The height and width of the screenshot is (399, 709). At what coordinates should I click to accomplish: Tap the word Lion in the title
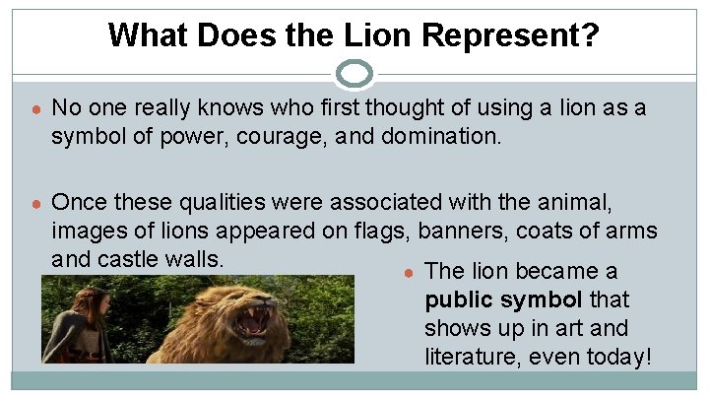[x=380, y=35]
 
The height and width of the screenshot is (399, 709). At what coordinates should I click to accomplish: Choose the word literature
[x=468, y=357]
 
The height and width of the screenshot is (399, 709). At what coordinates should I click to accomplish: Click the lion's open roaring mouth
[x=252, y=324]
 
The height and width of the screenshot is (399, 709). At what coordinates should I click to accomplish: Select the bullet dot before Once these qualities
[x=33, y=204]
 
